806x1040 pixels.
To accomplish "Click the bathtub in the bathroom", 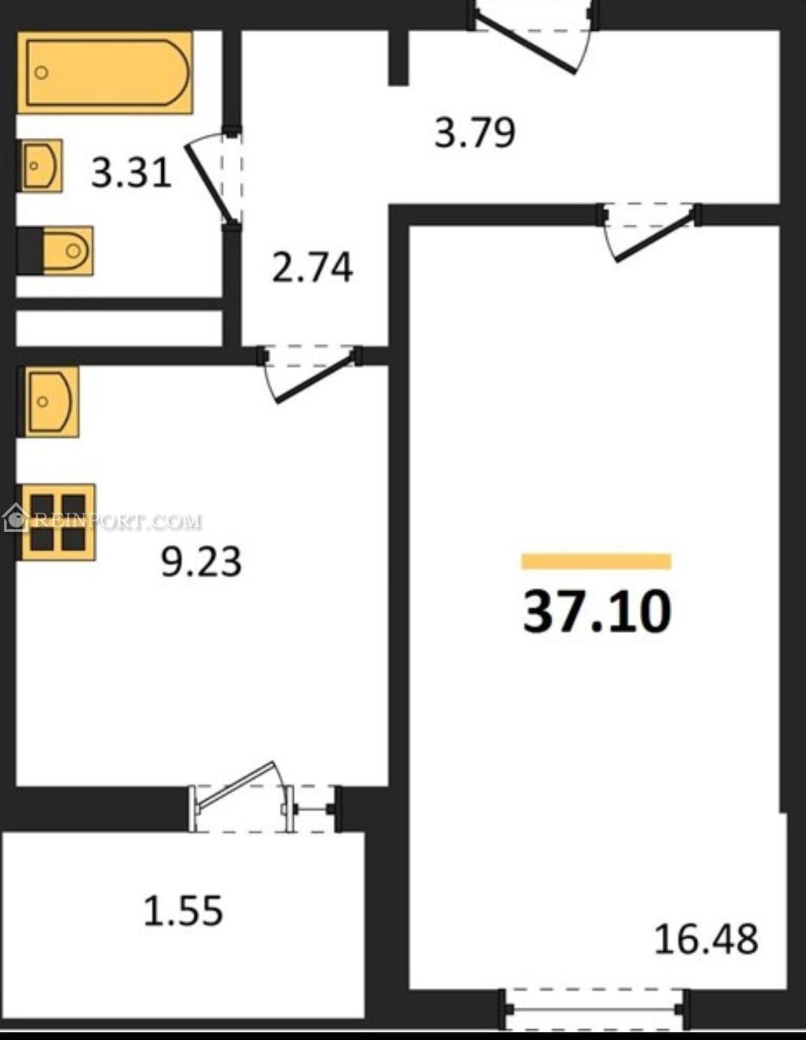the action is point(105,73).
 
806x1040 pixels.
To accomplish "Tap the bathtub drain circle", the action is point(42,73).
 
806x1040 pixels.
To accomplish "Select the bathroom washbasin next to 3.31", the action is point(41,166).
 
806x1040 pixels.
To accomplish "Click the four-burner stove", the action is point(56,522).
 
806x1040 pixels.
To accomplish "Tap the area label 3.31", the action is point(132,173).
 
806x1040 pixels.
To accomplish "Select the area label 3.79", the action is point(475,132).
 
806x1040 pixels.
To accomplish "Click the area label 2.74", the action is point(313,268).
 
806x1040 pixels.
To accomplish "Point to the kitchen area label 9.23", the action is point(201,562).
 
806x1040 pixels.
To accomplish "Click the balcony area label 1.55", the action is point(184,911).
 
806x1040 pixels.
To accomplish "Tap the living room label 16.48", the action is point(706,939).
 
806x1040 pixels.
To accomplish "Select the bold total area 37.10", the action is point(597,612).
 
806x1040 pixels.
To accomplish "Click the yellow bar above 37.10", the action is point(597,561).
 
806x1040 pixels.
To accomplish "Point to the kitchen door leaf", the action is point(317,379).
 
